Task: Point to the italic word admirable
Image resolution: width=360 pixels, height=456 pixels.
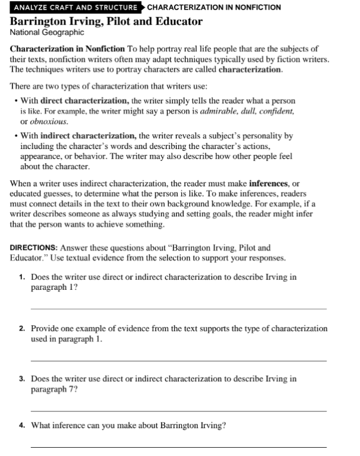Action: [217, 111]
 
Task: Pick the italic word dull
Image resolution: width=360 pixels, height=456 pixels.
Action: [245, 111]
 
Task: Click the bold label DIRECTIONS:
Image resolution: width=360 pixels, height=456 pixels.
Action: [34, 248]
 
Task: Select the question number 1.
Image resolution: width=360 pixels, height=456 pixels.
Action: [21, 277]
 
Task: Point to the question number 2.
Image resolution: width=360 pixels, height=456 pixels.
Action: [21, 328]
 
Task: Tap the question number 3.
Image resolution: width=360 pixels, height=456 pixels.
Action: [21, 379]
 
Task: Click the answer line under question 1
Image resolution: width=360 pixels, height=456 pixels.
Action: [178, 309]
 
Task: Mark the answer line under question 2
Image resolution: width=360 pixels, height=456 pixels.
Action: [178, 360]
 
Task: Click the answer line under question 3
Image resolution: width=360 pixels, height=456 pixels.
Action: [178, 411]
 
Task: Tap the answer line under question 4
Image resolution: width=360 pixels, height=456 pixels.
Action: [178, 447]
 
